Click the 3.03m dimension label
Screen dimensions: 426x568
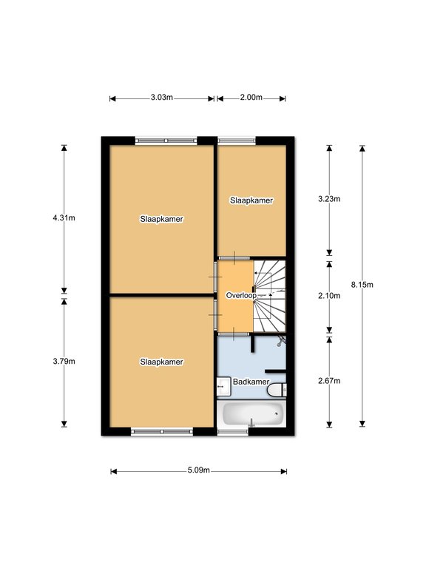[x=161, y=98]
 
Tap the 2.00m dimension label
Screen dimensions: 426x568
[x=251, y=98]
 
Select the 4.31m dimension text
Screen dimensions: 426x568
[x=64, y=217]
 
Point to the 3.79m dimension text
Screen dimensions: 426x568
[x=64, y=361]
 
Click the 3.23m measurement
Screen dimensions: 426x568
[x=329, y=199]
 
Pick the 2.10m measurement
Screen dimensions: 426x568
[x=329, y=296]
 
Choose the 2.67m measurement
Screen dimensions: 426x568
[x=329, y=381]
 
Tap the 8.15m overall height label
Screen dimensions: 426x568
[x=362, y=285]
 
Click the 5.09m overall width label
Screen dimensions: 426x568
[x=198, y=470]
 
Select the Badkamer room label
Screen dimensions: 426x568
[x=251, y=382]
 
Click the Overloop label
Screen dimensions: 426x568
[x=241, y=296]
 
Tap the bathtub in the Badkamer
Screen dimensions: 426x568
[x=252, y=413]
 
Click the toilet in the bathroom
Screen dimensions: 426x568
[x=277, y=390]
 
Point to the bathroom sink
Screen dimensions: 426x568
[x=224, y=387]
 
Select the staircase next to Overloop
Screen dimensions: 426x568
[x=269, y=296]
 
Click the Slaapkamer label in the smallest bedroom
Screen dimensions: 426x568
[x=251, y=200]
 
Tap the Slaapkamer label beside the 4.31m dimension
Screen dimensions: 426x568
[x=161, y=219]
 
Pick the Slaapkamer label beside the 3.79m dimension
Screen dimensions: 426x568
[x=161, y=362]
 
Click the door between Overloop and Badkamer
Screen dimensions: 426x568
[x=234, y=334]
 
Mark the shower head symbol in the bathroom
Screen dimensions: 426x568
[x=281, y=341]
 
